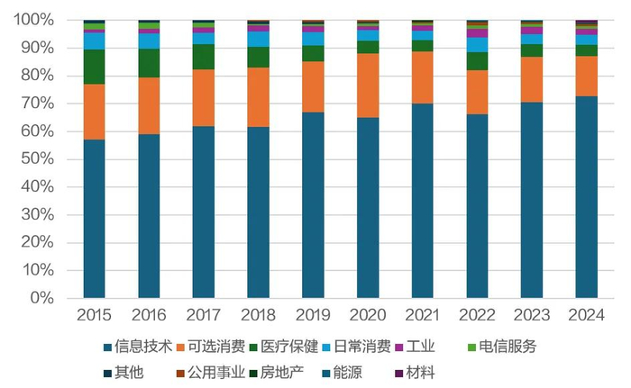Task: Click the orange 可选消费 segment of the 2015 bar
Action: pyautogui.click(x=94, y=112)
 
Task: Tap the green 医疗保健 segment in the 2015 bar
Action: pyautogui.click(x=94, y=67)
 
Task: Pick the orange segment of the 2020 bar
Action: pyautogui.click(x=368, y=86)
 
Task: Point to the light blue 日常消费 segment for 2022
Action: pyautogui.click(x=477, y=45)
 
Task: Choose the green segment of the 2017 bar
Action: pyautogui.click(x=204, y=57)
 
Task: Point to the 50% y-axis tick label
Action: pyautogui.click(x=40, y=159)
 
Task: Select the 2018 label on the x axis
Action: pyautogui.click(x=259, y=315)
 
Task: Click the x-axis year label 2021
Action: pyautogui.click(x=423, y=315)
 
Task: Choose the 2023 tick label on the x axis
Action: pyautogui.click(x=532, y=315)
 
